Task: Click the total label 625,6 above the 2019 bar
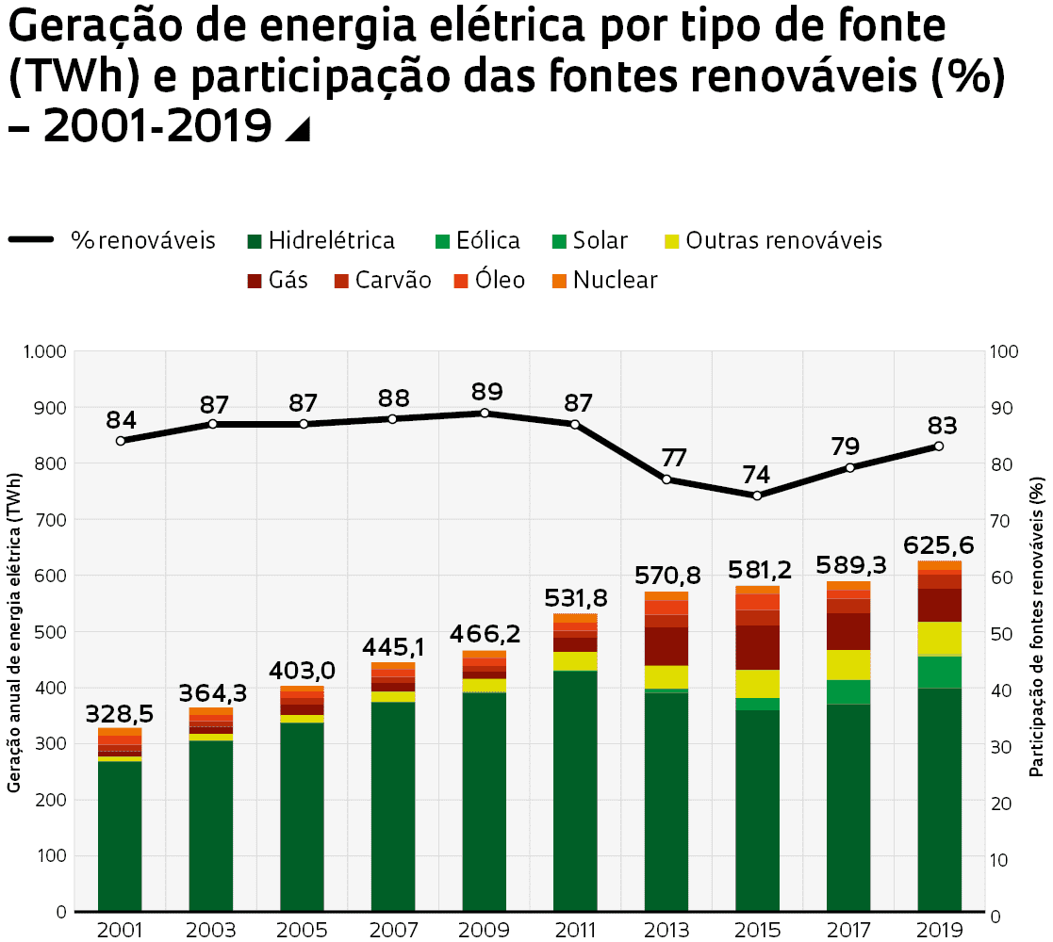pos(939,545)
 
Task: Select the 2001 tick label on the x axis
pos(120,930)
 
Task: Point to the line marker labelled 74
pos(757,495)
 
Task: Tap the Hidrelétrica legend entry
pos(320,240)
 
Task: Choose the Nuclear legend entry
pos(603,280)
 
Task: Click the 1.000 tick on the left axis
pos(43,351)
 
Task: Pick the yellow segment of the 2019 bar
pos(939,638)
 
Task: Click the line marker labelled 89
pos(485,413)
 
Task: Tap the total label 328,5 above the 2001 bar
pos(120,712)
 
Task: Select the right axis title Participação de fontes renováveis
pos(1037,631)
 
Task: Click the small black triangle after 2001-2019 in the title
pos(297,130)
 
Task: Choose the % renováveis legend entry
pos(113,240)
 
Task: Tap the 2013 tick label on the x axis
pos(666,930)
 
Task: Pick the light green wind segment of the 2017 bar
pos(848,691)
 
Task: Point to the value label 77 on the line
pos(672,459)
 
